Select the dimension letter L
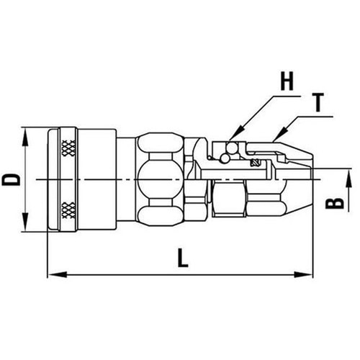point(183,258)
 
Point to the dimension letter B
point(333,204)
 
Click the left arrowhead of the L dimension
point(53,274)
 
